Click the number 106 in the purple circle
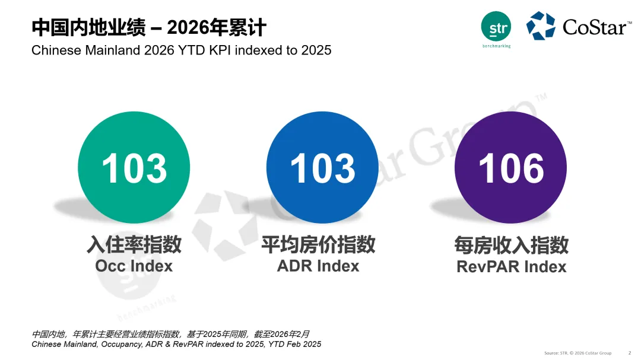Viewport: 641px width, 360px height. [511, 168]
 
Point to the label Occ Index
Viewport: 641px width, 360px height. [134, 266]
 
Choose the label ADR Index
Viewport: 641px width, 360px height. [318, 266]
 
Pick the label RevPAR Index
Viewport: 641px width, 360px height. [511, 267]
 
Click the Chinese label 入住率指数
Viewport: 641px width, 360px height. [134, 244]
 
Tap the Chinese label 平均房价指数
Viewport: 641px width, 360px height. [318, 244]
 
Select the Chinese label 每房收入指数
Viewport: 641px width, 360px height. [511, 244]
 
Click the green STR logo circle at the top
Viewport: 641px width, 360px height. [496, 27]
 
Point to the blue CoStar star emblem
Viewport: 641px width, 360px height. [540, 26]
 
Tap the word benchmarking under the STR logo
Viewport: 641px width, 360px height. [496, 46]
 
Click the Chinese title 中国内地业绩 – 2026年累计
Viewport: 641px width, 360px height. [148, 27]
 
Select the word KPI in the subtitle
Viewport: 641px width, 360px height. [218, 50]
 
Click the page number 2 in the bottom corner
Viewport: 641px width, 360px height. [630, 353]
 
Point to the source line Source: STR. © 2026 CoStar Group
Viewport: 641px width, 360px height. [577, 353]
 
